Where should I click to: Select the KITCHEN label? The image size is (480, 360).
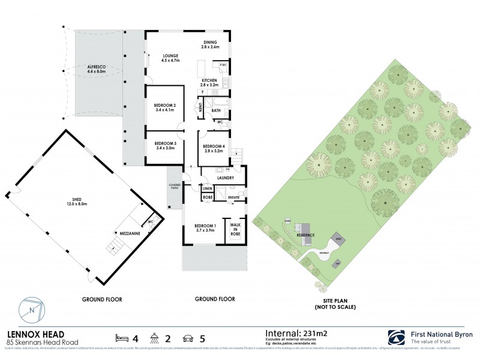coord(209,80)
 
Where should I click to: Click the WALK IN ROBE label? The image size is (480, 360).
coord(235,229)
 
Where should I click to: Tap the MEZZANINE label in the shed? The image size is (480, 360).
coord(127,230)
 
